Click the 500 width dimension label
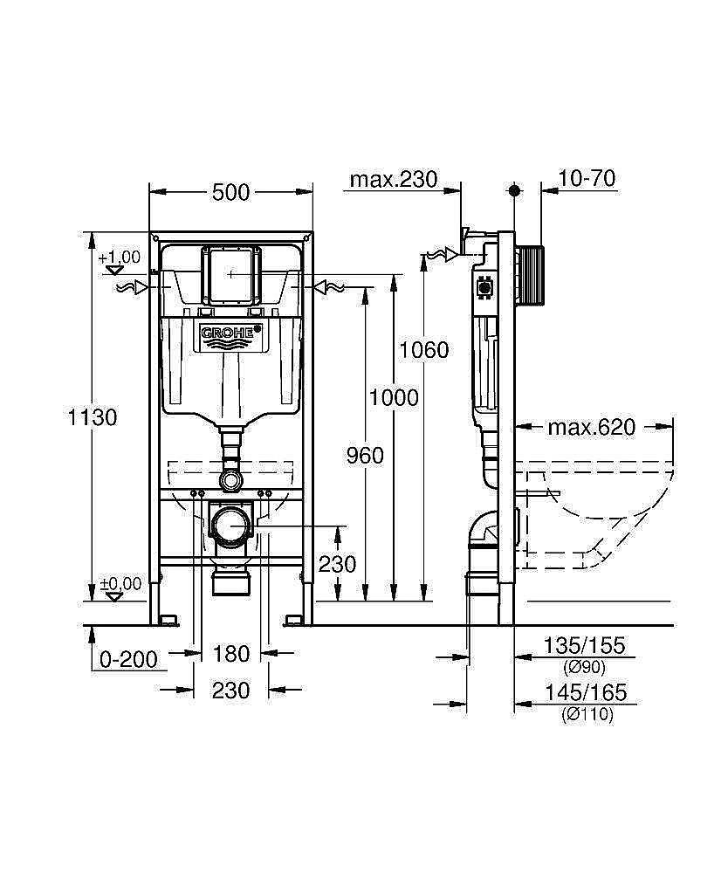click(231, 192)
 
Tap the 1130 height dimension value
click(93, 417)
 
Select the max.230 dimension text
click(393, 180)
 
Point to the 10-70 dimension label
click(587, 179)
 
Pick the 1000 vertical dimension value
click(393, 398)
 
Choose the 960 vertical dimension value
click(365, 455)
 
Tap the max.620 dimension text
click(591, 427)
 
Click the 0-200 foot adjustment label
click(129, 659)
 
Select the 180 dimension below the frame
click(231, 653)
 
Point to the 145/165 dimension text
click(585, 692)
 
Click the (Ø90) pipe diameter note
click(586, 667)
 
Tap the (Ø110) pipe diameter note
click(586, 714)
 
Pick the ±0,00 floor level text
click(120, 584)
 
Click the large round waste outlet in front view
click(231, 526)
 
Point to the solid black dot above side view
click(514, 189)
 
